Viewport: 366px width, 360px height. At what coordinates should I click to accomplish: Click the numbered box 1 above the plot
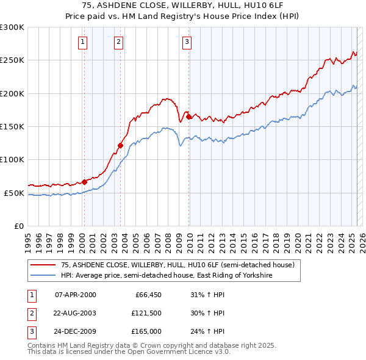click(82, 42)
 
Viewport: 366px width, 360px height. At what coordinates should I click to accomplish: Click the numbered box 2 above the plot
click(118, 42)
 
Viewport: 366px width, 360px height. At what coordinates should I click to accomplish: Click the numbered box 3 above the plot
click(187, 42)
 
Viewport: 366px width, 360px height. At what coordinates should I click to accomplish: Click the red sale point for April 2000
click(84, 182)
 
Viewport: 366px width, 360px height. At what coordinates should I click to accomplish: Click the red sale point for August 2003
click(120, 145)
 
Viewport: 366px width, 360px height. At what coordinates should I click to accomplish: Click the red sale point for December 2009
click(189, 117)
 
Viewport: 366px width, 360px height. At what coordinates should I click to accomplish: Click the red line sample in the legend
click(43, 265)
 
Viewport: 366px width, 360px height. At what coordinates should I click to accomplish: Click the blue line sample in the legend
click(43, 275)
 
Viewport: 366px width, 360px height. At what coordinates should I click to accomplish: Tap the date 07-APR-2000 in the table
click(76, 295)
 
